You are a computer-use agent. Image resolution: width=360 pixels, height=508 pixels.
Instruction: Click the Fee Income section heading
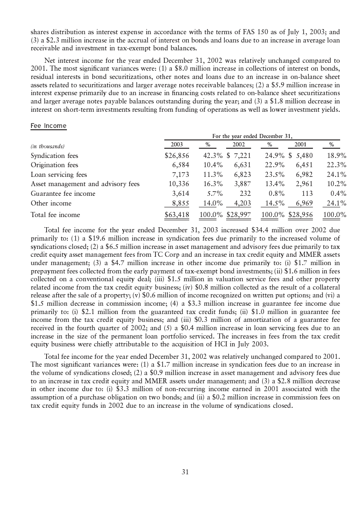point(48,126)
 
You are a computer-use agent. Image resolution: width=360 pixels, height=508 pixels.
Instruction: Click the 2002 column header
point(238,145)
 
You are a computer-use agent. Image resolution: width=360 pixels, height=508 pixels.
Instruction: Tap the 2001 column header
point(300,145)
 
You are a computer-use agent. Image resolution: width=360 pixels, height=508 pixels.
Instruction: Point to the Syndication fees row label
point(54,156)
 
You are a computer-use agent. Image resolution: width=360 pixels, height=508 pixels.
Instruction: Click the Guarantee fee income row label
point(63,194)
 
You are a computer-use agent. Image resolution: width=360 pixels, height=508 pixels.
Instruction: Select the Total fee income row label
point(55,214)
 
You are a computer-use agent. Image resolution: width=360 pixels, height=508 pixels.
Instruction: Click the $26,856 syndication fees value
point(177,156)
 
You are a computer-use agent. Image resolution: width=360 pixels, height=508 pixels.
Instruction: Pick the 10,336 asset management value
point(178,184)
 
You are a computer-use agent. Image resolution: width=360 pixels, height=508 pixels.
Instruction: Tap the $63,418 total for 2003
point(177,214)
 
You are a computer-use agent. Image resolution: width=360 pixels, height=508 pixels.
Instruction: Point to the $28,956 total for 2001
point(301,214)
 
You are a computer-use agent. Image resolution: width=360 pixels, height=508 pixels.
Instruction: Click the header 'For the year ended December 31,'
point(252,136)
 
